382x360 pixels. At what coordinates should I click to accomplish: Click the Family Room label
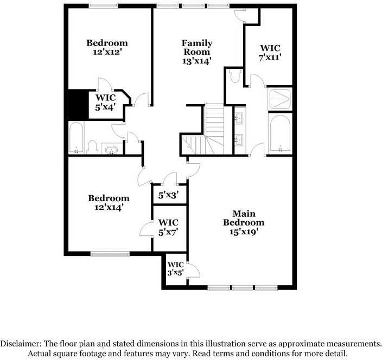[x=197, y=47]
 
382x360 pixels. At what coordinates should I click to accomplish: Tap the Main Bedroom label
[x=244, y=218]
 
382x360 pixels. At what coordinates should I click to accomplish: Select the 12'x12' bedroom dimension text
[x=107, y=53]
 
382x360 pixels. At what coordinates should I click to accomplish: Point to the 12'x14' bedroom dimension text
[x=109, y=207]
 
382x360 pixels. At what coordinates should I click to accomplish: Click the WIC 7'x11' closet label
[x=270, y=52]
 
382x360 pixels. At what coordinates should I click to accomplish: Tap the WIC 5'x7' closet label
[x=168, y=227]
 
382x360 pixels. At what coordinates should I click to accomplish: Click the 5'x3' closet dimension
[x=168, y=195]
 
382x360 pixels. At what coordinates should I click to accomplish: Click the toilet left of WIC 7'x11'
[x=235, y=77]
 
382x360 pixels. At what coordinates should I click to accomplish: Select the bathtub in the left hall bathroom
[x=77, y=137]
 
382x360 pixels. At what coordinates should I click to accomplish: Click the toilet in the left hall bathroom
[x=93, y=146]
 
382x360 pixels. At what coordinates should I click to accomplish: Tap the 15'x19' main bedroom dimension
[x=244, y=232]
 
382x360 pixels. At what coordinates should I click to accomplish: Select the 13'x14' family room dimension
[x=197, y=61]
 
